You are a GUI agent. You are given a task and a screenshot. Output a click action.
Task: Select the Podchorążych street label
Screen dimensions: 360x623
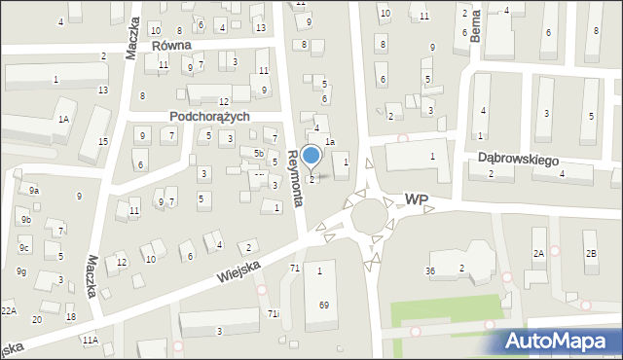click(209, 116)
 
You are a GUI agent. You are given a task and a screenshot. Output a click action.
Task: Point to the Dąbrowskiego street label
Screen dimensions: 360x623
click(515, 157)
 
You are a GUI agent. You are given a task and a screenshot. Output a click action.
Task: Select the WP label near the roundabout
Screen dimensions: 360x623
click(416, 198)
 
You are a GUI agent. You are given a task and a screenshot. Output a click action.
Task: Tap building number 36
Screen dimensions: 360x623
click(429, 270)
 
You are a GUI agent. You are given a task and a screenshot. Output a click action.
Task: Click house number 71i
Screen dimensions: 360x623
click(274, 313)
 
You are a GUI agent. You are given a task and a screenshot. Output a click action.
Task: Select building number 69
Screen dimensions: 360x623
click(323, 305)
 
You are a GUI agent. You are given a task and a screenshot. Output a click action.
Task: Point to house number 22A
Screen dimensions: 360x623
click(9, 310)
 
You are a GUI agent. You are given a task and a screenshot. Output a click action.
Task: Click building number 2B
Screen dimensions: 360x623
click(590, 254)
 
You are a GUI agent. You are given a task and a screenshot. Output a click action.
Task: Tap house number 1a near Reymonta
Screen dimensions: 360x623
click(330, 142)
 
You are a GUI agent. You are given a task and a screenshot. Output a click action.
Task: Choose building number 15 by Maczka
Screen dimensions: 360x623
click(102, 142)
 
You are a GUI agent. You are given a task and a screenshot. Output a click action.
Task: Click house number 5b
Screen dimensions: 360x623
click(258, 154)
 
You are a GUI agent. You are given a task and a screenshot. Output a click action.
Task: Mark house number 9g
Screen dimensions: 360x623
click(20, 271)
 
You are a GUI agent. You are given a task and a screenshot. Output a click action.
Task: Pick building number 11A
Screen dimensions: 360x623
click(90, 340)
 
